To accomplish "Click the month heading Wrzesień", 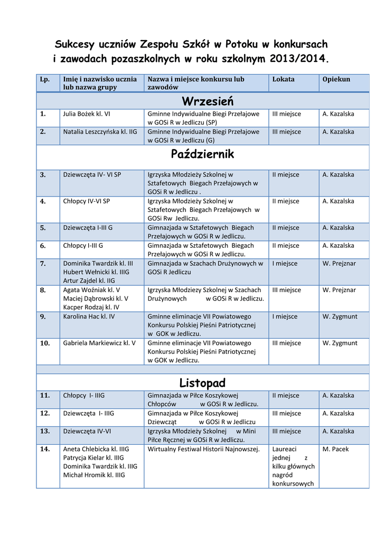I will pos(207,100).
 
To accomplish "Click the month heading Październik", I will pos(202,154).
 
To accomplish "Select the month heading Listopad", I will pos(202,382).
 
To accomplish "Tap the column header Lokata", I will pos(283,79).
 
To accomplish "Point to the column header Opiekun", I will pos(336,79).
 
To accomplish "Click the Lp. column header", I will pos(45,79).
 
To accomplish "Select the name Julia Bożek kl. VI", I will pos(87,114).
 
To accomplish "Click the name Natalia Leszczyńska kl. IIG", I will pos(100,132).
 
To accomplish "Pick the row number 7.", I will pos(43,263).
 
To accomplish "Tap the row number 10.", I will pos(45,343).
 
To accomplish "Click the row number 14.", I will pos(45,449).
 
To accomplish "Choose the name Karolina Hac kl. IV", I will pos(89,316).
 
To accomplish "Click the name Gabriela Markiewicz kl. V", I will pos(99,343).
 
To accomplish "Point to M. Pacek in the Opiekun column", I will pos(335,449).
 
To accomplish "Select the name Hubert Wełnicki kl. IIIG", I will pos(96,272).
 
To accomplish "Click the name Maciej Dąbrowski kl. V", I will pos(96,299).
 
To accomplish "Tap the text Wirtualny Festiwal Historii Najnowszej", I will pos(204,449).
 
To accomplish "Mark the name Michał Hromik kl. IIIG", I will pos(94,475).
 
